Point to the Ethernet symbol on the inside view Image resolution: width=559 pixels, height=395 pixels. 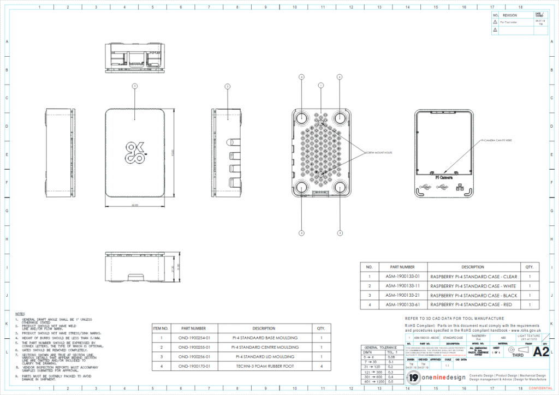tap(459, 187)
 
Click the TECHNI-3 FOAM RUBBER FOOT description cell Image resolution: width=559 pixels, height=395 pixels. tap(264, 366)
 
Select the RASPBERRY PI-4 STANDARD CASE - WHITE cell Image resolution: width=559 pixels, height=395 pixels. tap(473, 286)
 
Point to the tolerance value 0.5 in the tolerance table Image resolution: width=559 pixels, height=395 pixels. tap(390, 382)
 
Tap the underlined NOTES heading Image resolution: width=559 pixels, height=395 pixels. tap(20, 314)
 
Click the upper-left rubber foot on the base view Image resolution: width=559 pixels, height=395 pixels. tap(301, 118)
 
